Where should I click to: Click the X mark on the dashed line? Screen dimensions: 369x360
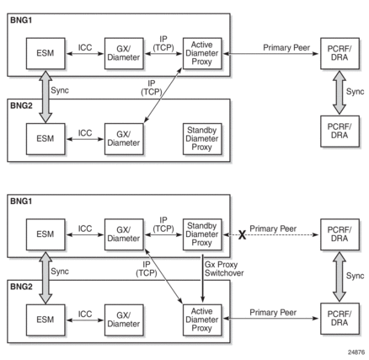click(242, 235)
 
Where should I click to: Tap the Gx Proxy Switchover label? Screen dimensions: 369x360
click(224, 269)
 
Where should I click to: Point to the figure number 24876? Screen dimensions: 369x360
click(356, 352)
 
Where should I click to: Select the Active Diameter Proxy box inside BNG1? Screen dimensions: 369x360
click(202, 53)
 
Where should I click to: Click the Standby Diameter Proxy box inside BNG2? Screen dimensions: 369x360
click(202, 139)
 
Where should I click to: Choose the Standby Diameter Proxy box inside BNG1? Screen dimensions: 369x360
click(202, 234)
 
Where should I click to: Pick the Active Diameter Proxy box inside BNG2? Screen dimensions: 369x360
click(202, 320)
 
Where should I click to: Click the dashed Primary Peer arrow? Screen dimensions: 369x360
click(271, 234)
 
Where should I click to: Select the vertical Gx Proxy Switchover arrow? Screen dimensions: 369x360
click(202, 278)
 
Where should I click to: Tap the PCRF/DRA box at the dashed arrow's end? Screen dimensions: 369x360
click(340, 234)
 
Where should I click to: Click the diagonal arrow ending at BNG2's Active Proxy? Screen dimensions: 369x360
click(163, 277)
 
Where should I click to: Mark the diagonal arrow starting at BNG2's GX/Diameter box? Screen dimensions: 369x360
click(163, 95)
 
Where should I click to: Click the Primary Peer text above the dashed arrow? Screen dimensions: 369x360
click(273, 228)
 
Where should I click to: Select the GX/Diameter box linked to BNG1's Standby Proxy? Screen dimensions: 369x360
click(124, 234)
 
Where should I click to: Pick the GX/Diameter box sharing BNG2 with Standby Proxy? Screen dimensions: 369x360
click(124, 139)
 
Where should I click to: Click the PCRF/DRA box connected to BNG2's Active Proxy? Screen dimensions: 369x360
click(340, 319)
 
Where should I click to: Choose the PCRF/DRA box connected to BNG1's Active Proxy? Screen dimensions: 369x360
click(340, 53)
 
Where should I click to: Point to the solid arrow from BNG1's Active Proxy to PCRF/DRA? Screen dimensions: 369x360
click(271, 53)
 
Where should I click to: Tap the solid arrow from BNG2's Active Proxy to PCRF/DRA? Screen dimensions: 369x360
click(271, 319)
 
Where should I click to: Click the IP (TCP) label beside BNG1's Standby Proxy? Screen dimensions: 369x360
click(163, 224)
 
